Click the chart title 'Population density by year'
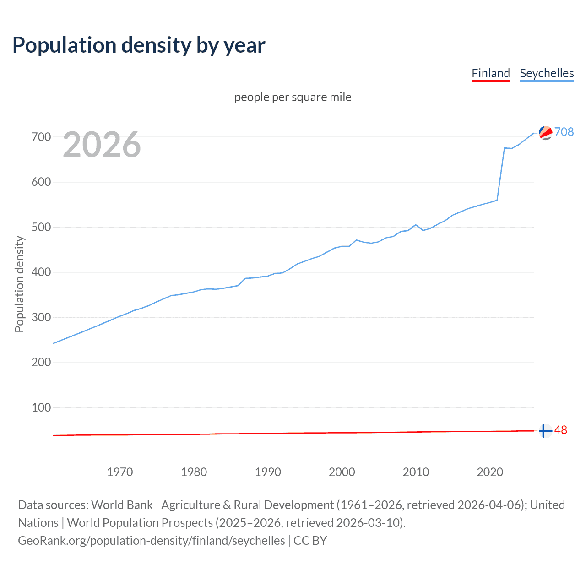pyautogui.click(x=139, y=45)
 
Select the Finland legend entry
pyautogui.click(x=490, y=73)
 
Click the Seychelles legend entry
pyautogui.click(x=547, y=73)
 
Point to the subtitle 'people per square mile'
pyautogui.click(x=293, y=97)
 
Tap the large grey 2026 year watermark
pyautogui.click(x=102, y=145)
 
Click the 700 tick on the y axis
pyautogui.click(x=41, y=137)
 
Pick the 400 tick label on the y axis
pyautogui.click(x=41, y=272)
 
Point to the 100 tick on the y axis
pyautogui.click(x=41, y=407)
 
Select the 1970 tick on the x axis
pyautogui.click(x=120, y=472)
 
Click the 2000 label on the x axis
pyautogui.click(x=342, y=472)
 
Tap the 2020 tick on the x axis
pyautogui.click(x=490, y=472)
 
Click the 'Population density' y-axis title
pyautogui.click(x=19, y=284)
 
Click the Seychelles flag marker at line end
pyautogui.click(x=545, y=133)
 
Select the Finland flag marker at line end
pyautogui.click(x=545, y=431)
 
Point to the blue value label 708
pyautogui.click(x=564, y=132)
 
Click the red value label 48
pyautogui.click(x=561, y=430)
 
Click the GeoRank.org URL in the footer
pyautogui.click(x=152, y=541)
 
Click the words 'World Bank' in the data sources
pyautogui.click(x=122, y=505)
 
